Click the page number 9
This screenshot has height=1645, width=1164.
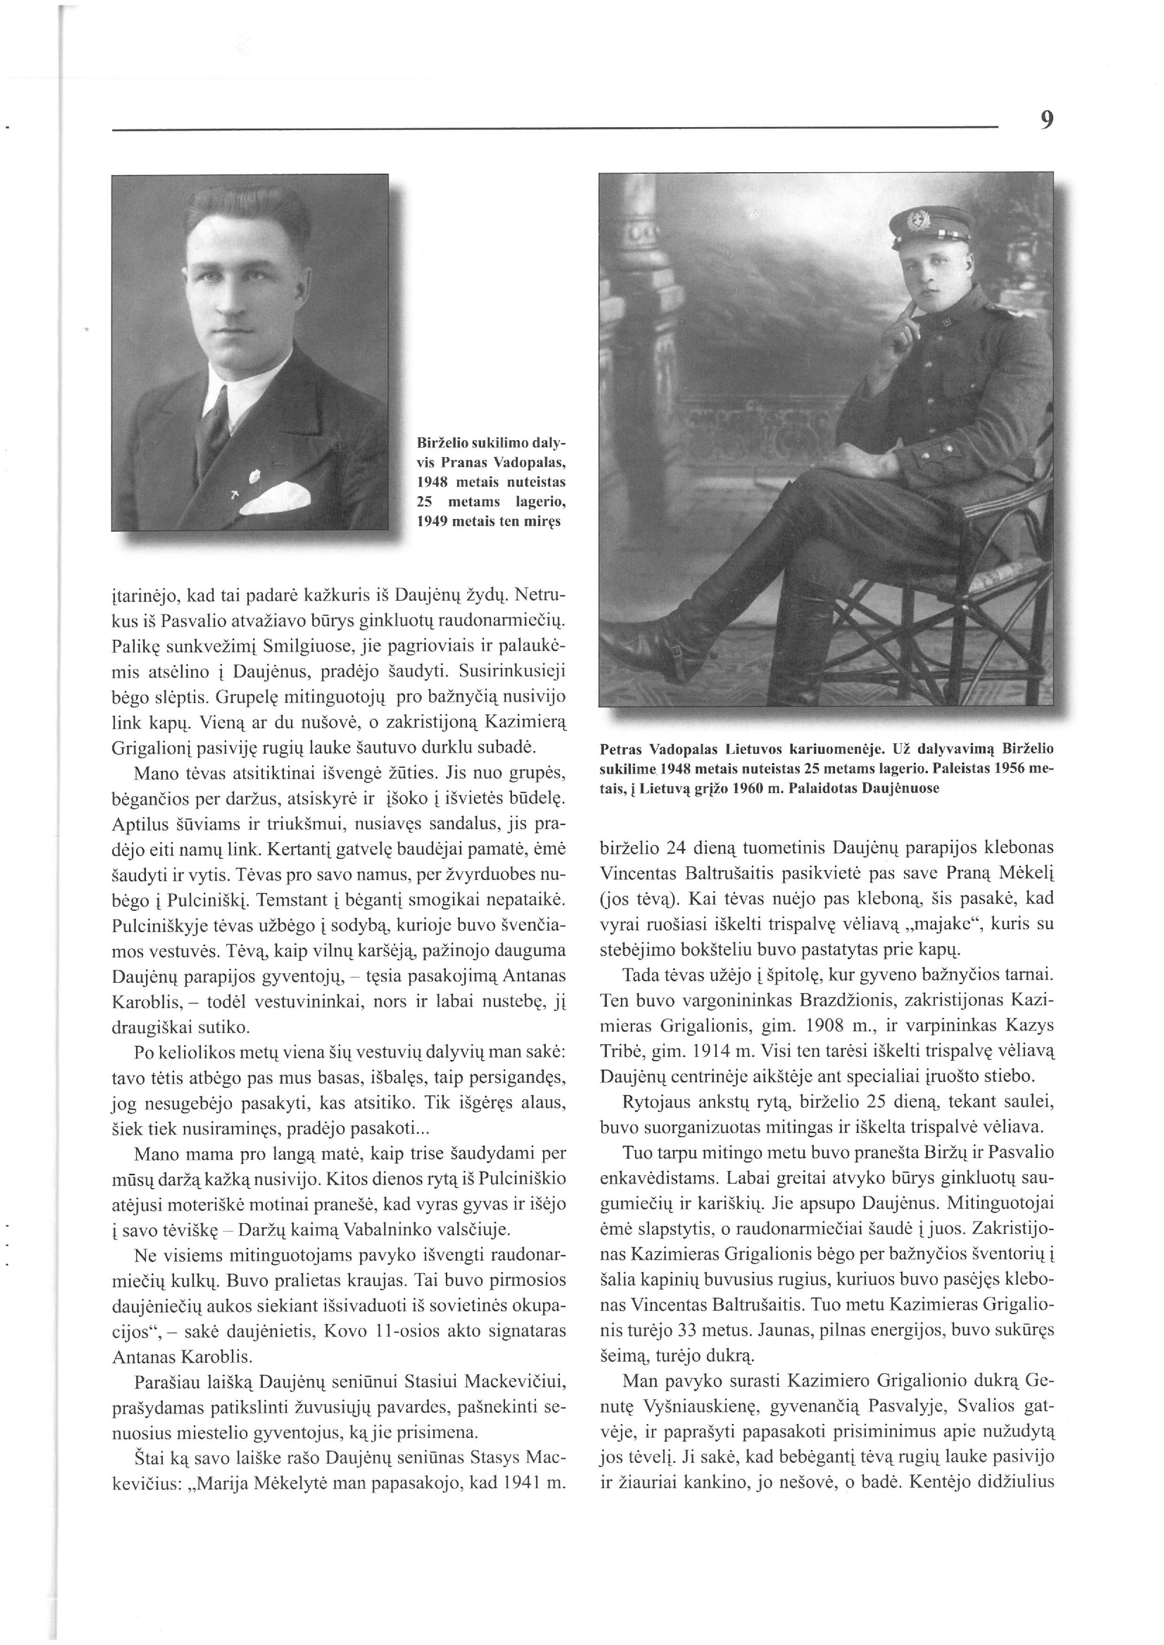(1047, 120)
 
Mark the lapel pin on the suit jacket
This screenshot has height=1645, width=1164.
(253, 475)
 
